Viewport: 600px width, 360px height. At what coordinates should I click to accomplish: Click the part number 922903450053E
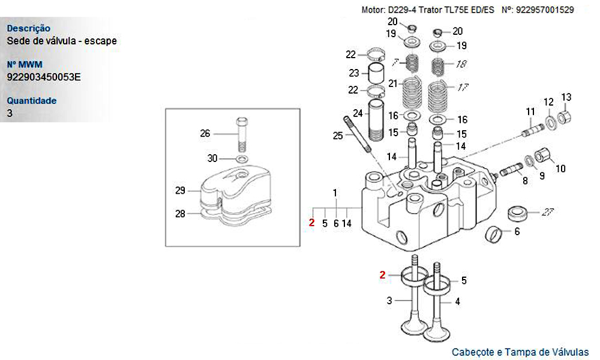click(x=44, y=77)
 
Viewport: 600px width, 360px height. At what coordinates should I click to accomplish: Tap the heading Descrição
click(x=29, y=28)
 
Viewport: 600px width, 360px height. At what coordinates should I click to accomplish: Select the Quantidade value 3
click(x=10, y=113)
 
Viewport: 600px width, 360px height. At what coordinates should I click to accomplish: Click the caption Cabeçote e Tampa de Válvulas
click(x=520, y=352)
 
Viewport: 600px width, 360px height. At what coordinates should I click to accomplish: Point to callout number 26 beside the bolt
click(x=205, y=133)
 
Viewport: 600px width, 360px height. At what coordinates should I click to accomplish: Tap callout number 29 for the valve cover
click(x=180, y=191)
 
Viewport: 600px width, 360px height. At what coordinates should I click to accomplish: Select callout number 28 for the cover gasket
click(x=180, y=213)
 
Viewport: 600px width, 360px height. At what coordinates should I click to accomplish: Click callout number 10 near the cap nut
click(x=560, y=169)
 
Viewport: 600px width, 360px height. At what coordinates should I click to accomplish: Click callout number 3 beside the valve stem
click(x=389, y=300)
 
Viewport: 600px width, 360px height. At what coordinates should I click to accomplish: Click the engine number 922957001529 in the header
click(x=545, y=10)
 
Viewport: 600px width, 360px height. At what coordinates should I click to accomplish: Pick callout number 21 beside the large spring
click(x=392, y=83)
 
